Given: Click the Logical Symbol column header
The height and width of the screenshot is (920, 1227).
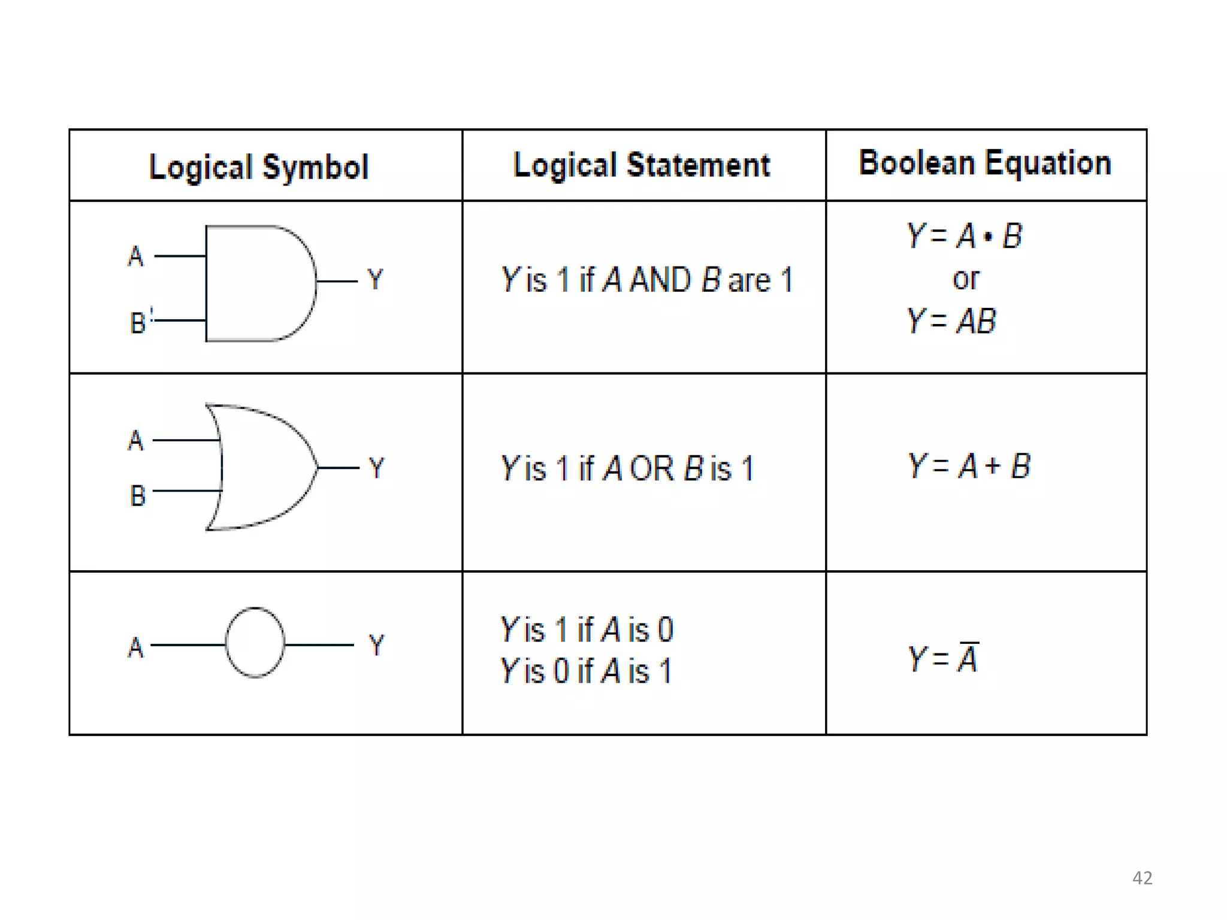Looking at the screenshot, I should (x=259, y=167).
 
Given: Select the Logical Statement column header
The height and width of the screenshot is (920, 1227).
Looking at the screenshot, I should (x=642, y=165).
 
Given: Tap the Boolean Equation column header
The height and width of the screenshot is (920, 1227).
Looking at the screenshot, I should (x=985, y=163).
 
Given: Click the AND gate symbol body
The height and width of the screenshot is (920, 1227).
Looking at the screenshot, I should (x=258, y=283).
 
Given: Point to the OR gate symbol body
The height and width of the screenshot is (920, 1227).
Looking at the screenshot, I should (x=264, y=467).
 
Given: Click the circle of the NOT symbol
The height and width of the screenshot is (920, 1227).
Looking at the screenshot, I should (x=255, y=643).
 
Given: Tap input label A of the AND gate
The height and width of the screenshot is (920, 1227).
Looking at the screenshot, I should (x=136, y=256).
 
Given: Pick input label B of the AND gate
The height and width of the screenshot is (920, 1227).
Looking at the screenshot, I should (x=138, y=323).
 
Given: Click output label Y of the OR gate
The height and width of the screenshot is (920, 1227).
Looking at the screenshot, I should (x=376, y=468).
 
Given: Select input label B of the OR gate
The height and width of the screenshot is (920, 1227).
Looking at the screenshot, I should (x=138, y=496).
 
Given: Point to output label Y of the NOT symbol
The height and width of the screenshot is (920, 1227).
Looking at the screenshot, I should (x=376, y=645).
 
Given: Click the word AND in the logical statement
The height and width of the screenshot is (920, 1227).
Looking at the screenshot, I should (x=660, y=280).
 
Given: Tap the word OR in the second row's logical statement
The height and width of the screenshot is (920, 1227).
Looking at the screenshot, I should (x=652, y=468).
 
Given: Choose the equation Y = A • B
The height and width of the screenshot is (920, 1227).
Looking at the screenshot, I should (x=965, y=235).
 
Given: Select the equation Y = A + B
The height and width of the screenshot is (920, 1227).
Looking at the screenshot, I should (x=969, y=466).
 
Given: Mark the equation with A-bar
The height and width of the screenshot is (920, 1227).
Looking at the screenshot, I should (x=943, y=658).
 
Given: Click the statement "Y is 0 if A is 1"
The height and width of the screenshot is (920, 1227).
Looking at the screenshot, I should (x=586, y=671).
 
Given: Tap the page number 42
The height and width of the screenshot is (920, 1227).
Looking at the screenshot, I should (x=1142, y=878).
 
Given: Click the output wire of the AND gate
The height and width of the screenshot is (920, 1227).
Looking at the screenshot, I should (x=337, y=281).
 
